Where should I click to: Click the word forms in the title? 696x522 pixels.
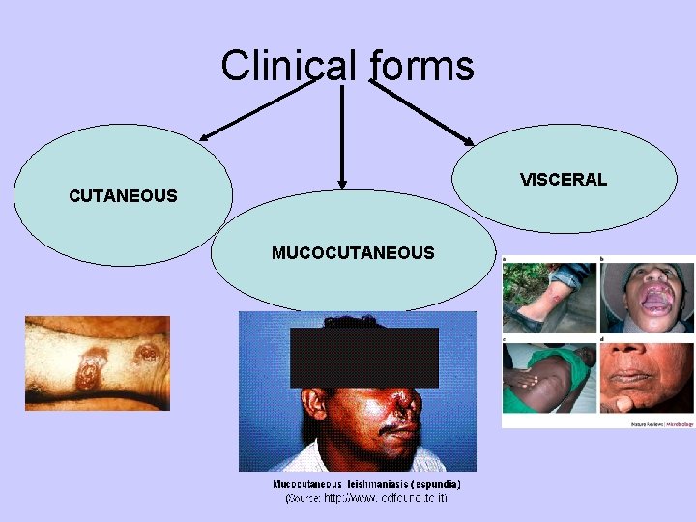421,67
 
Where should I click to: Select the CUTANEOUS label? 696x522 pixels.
123,196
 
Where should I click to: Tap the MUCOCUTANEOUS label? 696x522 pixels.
353,253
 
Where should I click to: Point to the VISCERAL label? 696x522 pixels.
563,180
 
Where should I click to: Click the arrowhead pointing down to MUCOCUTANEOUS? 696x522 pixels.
341,182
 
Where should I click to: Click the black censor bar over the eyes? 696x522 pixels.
363,357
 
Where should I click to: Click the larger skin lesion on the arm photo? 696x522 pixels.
93,369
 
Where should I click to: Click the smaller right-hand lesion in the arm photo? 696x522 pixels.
149,356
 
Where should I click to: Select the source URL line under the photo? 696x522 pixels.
366,498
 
